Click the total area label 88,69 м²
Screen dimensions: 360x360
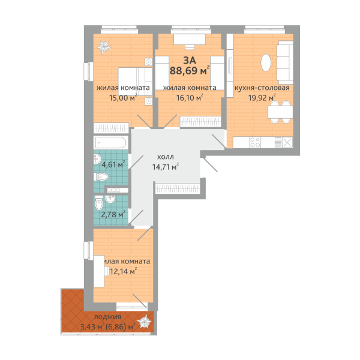(190, 70)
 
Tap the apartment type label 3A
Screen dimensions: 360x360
(190, 60)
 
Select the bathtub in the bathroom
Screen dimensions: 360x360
(110, 142)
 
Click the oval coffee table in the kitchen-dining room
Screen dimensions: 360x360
(266, 62)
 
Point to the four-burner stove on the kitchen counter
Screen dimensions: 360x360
(255, 142)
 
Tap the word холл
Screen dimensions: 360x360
(166, 157)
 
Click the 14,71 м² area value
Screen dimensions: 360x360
(166, 167)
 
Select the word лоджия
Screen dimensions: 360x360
(107, 317)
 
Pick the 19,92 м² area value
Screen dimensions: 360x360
(262, 98)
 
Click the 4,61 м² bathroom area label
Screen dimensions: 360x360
(113, 164)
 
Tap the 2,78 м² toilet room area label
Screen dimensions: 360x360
(113, 214)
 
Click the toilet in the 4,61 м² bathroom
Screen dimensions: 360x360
(101, 177)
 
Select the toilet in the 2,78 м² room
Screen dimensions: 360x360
(99, 203)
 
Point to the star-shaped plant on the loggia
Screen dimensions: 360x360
(144, 321)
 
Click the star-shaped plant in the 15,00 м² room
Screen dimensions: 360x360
(104, 47)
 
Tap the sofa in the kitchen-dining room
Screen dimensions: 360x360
(285, 62)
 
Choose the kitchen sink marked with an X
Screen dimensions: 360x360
(287, 142)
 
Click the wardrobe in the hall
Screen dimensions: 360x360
(177, 188)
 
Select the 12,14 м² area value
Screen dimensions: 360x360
(124, 272)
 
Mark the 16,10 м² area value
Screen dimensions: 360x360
(190, 98)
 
